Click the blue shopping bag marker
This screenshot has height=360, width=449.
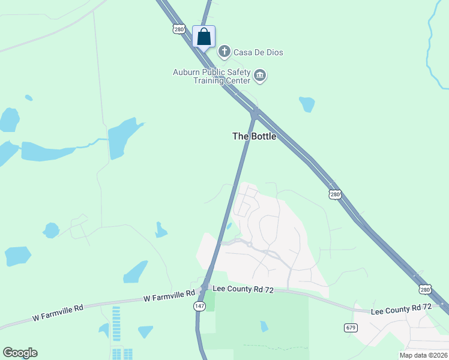203,37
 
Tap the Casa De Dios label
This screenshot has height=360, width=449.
258,52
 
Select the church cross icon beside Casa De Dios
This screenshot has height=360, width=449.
224,52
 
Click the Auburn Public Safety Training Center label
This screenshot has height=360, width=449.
212,76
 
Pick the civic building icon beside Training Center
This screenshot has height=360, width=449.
260,76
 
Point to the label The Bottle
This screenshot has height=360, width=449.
255,136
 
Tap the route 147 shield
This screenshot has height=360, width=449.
199,306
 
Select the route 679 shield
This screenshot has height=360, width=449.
351,327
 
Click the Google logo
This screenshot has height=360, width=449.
20,353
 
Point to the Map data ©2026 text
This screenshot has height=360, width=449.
424,355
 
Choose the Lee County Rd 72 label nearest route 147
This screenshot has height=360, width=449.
243,290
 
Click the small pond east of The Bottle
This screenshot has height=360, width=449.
307,104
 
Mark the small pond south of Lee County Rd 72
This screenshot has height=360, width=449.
264,326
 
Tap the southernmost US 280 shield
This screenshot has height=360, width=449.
425,289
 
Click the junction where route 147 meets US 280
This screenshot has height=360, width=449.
255,112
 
